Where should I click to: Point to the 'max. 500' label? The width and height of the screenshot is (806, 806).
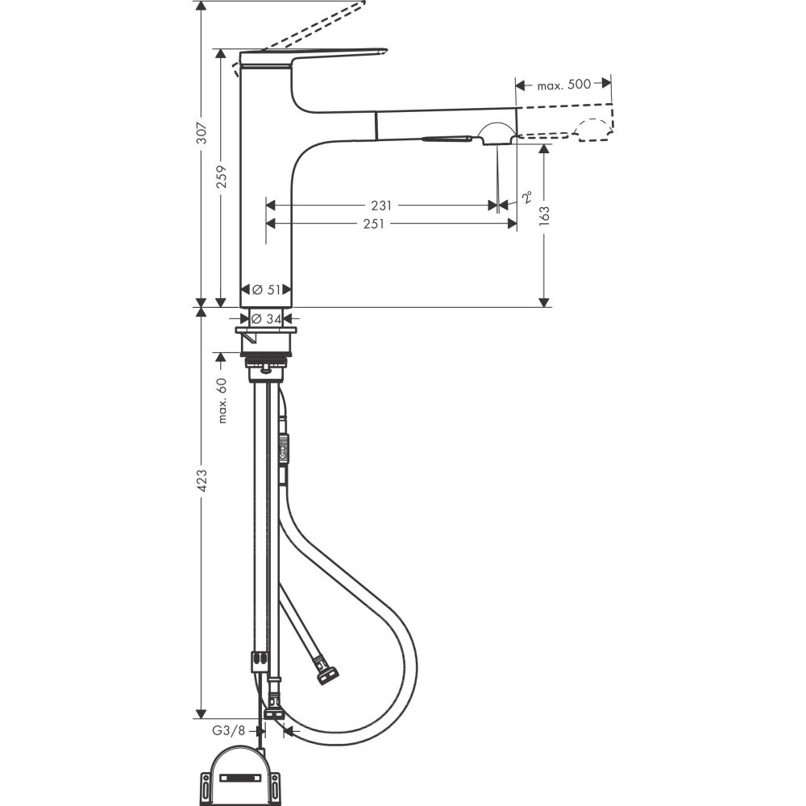point(563,84)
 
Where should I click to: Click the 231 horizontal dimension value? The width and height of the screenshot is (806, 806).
point(383,206)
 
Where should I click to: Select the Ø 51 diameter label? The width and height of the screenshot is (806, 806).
point(266,289)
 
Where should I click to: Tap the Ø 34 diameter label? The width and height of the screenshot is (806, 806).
point(267,319)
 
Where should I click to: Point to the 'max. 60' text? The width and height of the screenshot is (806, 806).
point(222,400)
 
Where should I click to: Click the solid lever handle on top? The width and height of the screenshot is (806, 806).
point(314,54)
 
